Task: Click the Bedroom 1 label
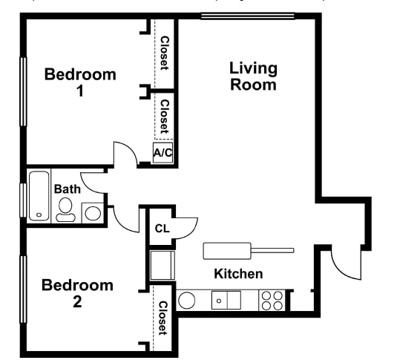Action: (x=80, y=82)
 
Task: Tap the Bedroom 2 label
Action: (x=77, y=293)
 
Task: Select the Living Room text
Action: (x=253, y=76)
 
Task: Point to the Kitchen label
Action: (x=238, y=274)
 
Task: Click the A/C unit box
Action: (x=163, y=154)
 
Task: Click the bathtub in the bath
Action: (x=39, y=196)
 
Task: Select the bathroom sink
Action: (x=93, y=212)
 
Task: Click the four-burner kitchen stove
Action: (x=272, y=300)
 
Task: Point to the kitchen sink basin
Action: (x=226, y=300)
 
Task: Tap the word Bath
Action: (x=67, y=189)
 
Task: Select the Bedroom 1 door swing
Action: (x=125, y=154)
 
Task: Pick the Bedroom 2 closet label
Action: (x=163, y=318)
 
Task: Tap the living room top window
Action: (x=237, y=16)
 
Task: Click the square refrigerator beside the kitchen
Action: (x=163, y=265)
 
